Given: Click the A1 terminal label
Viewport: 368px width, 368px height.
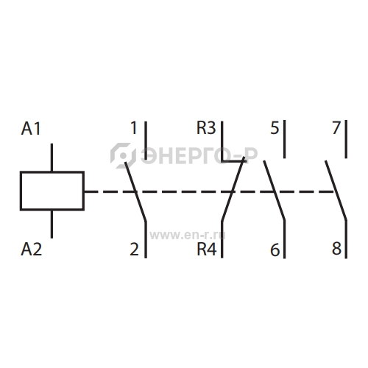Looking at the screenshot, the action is [x=31, y=129].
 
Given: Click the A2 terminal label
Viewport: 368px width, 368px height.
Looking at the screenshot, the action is [x=31, y=250].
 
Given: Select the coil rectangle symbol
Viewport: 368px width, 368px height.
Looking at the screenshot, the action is [x=52, y=191].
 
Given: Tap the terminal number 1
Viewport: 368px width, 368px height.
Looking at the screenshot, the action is [x=134, y=127].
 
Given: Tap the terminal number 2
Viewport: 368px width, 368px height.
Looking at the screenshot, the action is [x=134, y=250].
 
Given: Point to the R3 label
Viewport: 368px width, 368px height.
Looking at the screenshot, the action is [x=206, y=128].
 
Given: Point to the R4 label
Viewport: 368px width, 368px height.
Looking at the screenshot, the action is [x=207, y=249].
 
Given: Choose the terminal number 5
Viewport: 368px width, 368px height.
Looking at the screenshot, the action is [x=275, y=128].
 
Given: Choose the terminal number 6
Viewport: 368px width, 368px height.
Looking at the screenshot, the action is [x=275, y=250].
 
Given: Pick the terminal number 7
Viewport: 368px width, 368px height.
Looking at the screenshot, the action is [x=336, y=127].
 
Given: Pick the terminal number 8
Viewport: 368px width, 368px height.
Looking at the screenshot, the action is [x=337, y=248].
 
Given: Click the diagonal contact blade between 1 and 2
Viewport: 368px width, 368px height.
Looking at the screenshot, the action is [x=135, y=192].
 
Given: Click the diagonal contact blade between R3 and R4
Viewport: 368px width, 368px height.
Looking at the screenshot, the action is [x=233, y=189].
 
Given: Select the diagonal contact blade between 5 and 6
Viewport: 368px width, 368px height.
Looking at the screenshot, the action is [x=275, y=191].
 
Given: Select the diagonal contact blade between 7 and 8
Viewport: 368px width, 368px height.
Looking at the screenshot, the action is [x=336, y=191].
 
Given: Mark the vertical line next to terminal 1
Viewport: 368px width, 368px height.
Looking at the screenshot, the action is [x=146, y=141].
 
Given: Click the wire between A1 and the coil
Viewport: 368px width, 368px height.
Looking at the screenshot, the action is [x=52, y=158].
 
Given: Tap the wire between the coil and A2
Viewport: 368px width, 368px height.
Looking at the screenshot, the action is [x=52, y=224].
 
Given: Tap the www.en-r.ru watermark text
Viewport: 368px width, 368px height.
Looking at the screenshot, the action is [x=188, y=236].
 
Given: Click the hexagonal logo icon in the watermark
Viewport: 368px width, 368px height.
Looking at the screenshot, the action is [x=123, y=155].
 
